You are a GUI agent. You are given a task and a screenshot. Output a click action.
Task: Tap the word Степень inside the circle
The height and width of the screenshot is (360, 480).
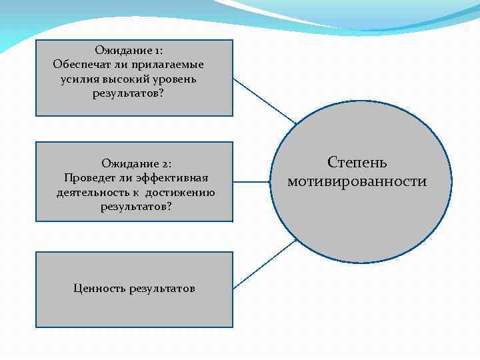(357, 162)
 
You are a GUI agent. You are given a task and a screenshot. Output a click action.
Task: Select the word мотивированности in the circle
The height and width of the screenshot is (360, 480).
(357, 181)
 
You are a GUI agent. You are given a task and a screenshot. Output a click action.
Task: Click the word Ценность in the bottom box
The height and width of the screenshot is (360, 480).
(99, 289)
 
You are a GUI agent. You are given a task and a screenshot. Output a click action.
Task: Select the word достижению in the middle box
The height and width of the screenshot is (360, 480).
(181, 193)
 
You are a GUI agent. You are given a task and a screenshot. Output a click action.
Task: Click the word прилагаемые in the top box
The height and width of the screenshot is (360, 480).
(169, 65)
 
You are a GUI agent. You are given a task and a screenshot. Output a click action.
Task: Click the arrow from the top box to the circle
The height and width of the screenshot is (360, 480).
(265, 101)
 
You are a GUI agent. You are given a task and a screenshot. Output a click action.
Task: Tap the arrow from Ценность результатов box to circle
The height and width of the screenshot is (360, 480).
(265, 264)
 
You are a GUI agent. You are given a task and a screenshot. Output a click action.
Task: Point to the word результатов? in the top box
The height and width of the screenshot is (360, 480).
(128, 93)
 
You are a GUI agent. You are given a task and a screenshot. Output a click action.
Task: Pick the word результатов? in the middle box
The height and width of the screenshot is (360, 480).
(136, 207)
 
